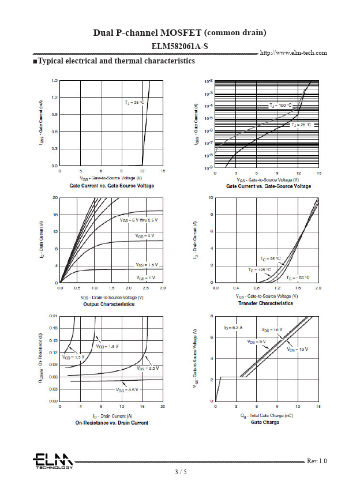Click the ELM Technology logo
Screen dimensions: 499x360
coord(52,461)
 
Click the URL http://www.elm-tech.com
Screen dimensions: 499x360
coord(294,52)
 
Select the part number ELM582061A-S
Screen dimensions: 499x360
coord(179,46)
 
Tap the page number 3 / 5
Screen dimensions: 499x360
coord(181,472)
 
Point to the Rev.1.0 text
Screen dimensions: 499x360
coord(317,461)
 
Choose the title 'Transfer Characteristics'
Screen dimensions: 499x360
coord(265,303)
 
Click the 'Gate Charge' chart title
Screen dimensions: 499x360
coord(265,422)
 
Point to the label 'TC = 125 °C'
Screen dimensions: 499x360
coord(260,269)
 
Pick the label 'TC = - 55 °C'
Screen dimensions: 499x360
coord(298,277)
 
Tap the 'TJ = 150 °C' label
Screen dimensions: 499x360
coord(281,106)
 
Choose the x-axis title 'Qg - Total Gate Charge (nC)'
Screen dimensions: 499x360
coord(265,415)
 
